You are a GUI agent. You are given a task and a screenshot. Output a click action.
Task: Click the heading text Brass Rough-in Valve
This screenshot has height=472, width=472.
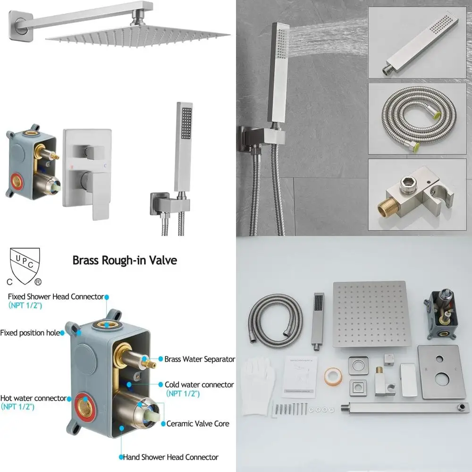pos(125,261)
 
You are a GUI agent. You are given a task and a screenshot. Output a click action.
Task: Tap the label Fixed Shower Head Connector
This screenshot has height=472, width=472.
pos(56,296)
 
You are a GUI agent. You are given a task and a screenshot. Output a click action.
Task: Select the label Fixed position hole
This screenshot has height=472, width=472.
pos(30,333)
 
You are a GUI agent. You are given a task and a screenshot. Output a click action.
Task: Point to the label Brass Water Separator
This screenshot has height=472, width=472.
pos(199,359)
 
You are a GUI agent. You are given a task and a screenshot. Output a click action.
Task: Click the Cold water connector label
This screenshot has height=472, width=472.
pos(199,385)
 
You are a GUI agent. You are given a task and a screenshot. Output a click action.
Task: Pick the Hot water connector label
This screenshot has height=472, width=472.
pos(33,398)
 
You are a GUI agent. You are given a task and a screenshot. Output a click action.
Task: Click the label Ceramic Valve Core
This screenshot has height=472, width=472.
pos(197,423)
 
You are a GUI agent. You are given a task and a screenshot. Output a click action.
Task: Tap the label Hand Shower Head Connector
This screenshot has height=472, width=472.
pos(170,457)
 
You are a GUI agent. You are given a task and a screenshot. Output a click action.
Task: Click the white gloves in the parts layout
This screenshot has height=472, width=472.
pos(257,377)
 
